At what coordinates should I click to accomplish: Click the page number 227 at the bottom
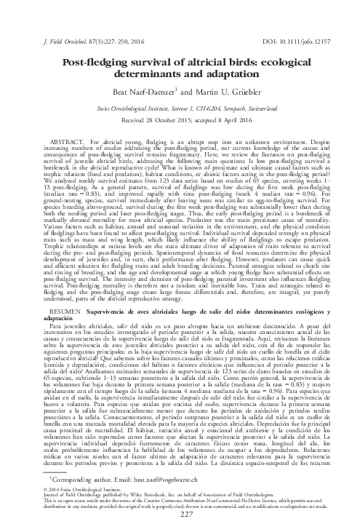(180, 515)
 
